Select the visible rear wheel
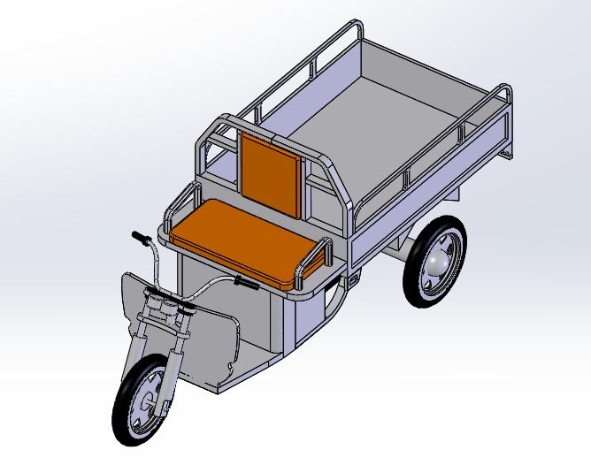pos(435,263)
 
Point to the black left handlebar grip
pos(141,238)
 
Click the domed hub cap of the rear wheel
pos(439,263)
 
